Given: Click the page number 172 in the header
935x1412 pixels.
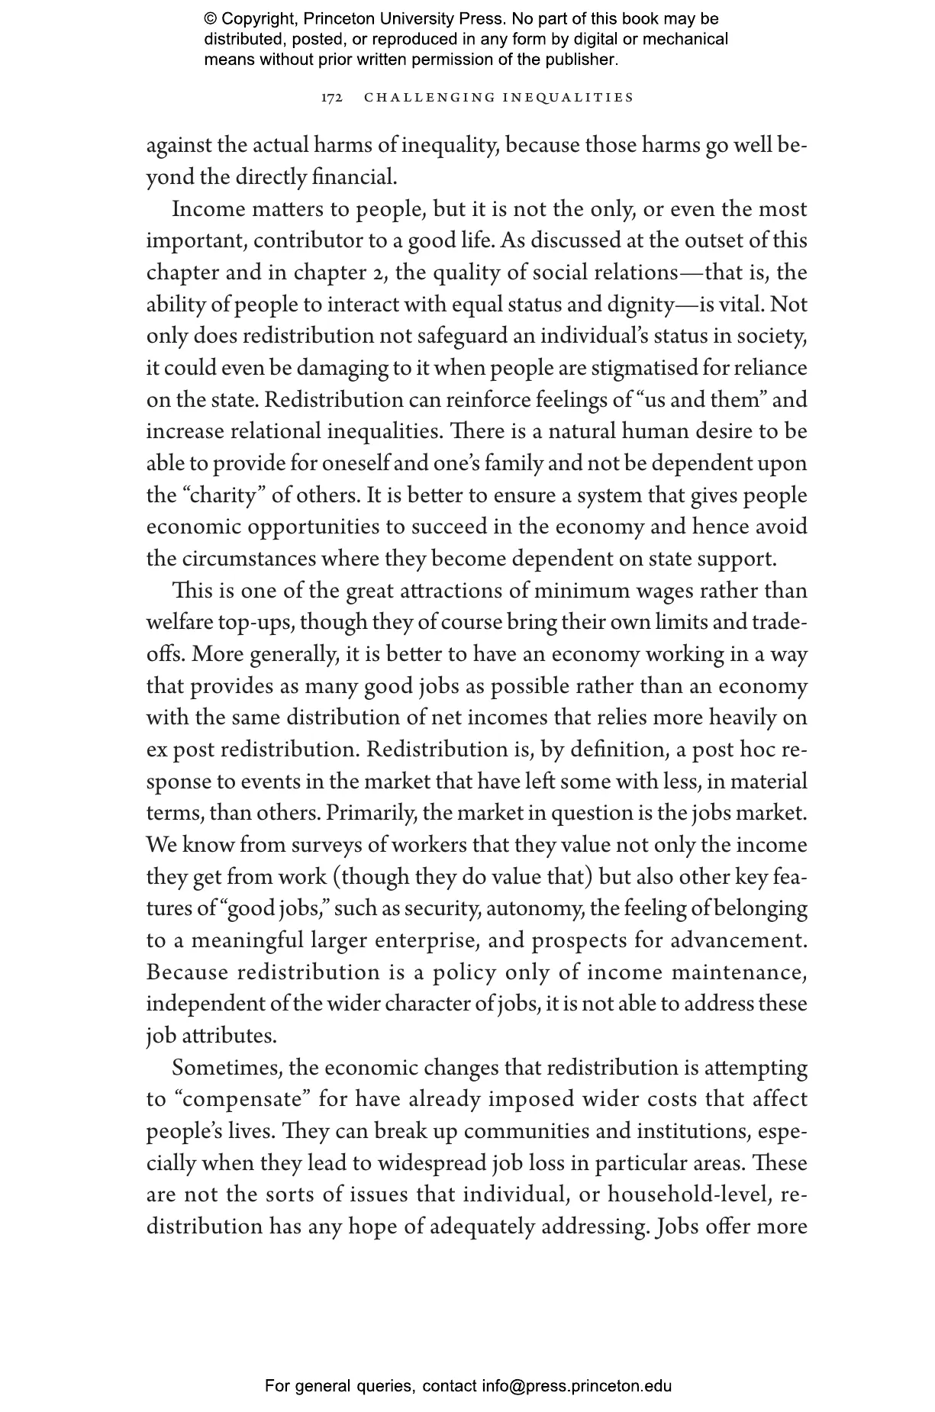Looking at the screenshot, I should [331, 98].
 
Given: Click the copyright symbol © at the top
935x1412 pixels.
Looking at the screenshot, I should [210, 19].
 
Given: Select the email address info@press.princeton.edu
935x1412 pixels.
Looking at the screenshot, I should [576, 1386].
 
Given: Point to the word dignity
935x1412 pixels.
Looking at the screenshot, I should [635, 305].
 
